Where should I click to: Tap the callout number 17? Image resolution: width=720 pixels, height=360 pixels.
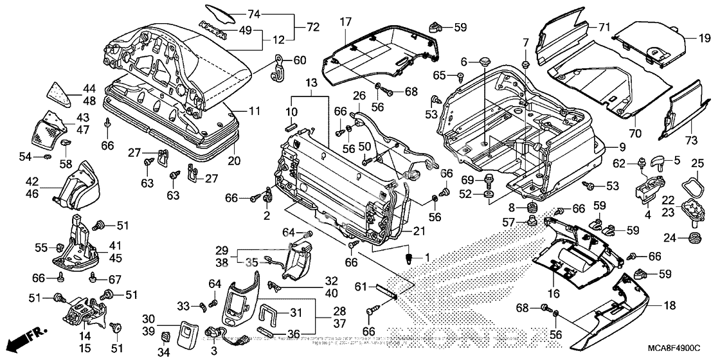(x=345, y=21)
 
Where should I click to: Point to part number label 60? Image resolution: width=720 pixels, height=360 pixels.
(x=300, y=60)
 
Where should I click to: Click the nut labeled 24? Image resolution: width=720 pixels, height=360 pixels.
(x=695, y=239)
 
